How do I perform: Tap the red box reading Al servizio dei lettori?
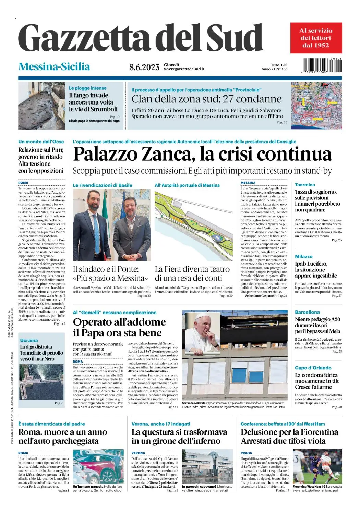[316, 38]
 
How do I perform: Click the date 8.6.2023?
[144, 67]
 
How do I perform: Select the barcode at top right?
[322, 65]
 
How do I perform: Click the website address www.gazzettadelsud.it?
[184, 69]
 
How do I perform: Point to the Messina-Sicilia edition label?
[54, 66]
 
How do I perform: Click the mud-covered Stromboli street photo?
[41, 106]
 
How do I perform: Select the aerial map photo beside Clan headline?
[316, 106]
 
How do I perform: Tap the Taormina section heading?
[304, 185]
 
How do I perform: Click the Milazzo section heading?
[303, 256]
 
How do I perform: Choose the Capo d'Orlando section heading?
[313, 368]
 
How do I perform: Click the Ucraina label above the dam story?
[29, 340]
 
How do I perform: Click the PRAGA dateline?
[246, 453]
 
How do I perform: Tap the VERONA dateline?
[138, 453]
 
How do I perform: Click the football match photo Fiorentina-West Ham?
[317, 466]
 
